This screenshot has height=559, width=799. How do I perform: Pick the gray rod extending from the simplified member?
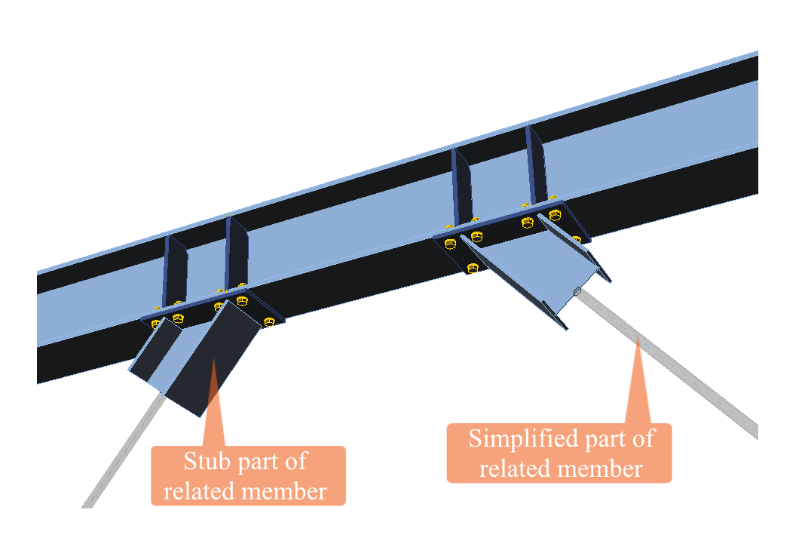pos(678,370)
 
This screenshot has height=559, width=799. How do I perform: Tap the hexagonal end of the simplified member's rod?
pos(577,291)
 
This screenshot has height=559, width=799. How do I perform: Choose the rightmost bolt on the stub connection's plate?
pos(269,322)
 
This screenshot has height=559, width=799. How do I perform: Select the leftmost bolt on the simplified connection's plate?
pos(451,242)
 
